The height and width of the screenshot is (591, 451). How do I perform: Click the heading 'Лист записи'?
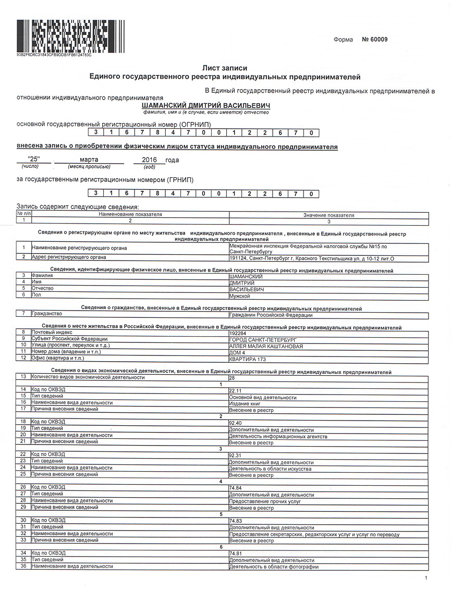coord(225,68)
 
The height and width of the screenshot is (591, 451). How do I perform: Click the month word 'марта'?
coord(89,160)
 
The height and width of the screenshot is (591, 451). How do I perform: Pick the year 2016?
coord(142,160)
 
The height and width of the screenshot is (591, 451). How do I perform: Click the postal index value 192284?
coord(237,333)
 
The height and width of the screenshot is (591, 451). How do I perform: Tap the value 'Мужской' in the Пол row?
coord(240,296)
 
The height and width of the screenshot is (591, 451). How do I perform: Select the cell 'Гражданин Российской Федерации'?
coord(271,315)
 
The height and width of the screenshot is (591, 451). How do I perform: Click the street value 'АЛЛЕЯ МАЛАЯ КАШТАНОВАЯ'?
coord(266,346)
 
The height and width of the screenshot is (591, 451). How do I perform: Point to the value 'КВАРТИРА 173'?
coord(248,359)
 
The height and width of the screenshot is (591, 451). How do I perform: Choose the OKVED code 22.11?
coord(235,390)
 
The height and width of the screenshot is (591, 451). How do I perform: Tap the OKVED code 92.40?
coord(235,423)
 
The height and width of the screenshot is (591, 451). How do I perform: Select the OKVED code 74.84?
coord(235,488)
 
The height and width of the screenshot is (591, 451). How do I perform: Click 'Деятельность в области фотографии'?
coord(273,567)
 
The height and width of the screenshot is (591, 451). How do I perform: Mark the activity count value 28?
coord(232,377)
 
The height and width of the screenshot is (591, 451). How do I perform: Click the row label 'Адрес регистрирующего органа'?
coord(69,257)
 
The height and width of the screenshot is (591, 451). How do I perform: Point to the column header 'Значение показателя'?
coord(328,215)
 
